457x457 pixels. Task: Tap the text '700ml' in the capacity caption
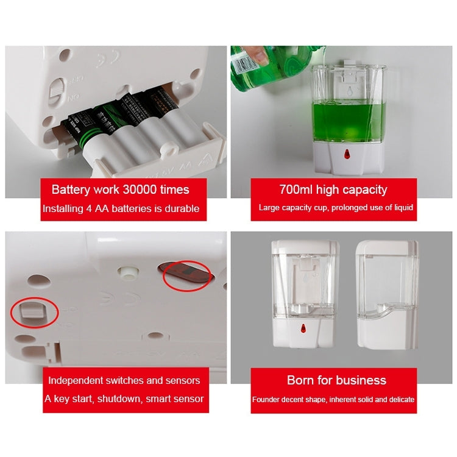295,190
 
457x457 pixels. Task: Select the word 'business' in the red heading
360,380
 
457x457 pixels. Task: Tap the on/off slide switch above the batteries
55,93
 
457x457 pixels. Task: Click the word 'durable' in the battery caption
182,208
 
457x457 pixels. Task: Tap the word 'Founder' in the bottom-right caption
267,400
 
